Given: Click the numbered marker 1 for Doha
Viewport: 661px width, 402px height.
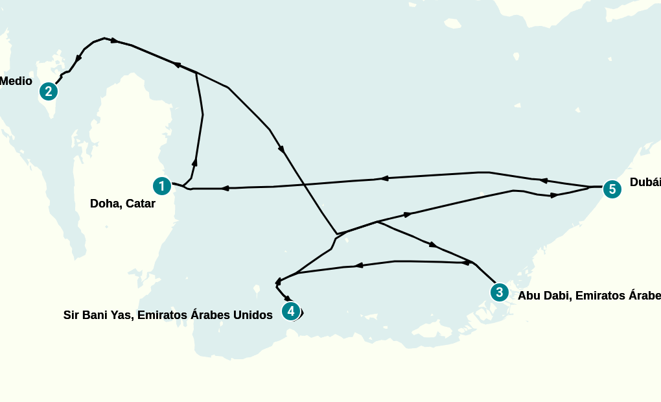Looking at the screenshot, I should click(161, 186).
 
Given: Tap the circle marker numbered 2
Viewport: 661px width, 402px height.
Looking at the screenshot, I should click(48, 91).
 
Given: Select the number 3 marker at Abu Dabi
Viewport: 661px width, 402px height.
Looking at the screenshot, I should click(498, 292).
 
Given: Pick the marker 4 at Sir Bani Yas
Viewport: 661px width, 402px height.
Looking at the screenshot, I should click(291, 311).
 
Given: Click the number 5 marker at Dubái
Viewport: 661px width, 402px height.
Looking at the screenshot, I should click(612, 189).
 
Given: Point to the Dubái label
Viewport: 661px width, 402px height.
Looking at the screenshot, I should click(645, 183).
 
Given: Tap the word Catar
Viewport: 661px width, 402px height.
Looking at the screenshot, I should click(141, 204).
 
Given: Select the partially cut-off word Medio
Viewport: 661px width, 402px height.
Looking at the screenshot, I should click(16, 81).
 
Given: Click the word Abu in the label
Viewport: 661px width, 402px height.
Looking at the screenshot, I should click(529, 296).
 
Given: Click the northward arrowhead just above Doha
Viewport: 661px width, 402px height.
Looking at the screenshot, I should click(194, 162).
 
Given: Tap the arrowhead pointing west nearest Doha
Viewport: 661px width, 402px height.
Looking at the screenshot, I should click(225, 188).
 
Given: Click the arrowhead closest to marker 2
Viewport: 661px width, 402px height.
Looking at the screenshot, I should click(78, 58).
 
